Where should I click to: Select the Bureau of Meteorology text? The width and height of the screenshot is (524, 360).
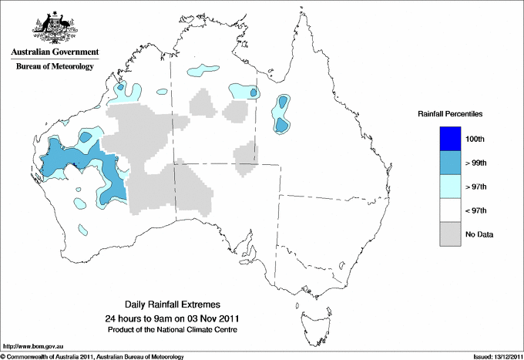pyautogui.click(x=55, y=66)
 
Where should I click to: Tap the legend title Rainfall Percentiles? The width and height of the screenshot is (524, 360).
pyautogui.click(x=450, y=113)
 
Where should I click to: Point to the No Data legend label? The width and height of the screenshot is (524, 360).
pyautogui.click(x=479, y=234)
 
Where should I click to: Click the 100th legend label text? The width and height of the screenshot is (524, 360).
pyautogui.click(x=475, y=139)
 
